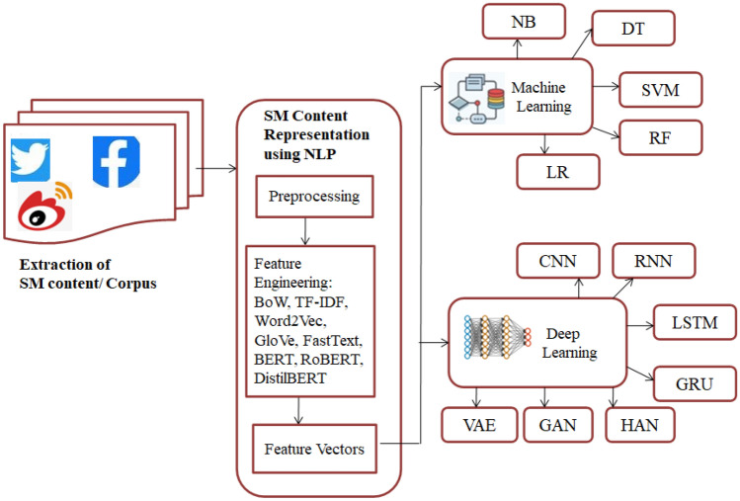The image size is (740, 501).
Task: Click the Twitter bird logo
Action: pyautogui.click(x=31, y=160)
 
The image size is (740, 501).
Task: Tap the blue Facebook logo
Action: pyautogui.click(x=117, y=161)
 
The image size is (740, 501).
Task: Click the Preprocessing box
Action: pyautogui.click(x=314, y=197)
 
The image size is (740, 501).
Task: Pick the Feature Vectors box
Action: pyautogui.click(x=314, y=449)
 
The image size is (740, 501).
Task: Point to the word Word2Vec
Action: pyautogui.click(x=289, y=321)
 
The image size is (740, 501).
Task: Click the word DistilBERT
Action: pyautogui.click(x=289, y=378)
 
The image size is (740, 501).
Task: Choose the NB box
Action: pyautogui.click(x=524, y=22)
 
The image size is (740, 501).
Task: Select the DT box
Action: pyautogui.click(x=633, y=29)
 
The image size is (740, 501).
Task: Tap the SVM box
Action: pyautogui.click(x=660, y=90)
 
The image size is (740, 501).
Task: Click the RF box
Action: pyautogui.click(x=660, y=138)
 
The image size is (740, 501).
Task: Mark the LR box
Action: pyautogui.click(x=558, y=172)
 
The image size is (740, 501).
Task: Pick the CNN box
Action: pyautogui.click(x=558, y=261)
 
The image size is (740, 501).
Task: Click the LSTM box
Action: pyautogui.click(x=695, y=322)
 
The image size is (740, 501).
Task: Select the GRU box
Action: pyautogui.click(x=695, y=383)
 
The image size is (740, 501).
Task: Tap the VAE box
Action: pyautogui.click(x=479, y=425)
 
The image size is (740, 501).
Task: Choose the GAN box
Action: pyautogui.click(x=558, y=425)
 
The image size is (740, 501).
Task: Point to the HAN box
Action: pyautogui.click(x=640, y=425)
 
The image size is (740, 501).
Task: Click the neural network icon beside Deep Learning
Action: pyautogui.click(x=498, y=337)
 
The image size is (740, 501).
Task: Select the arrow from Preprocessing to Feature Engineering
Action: pyautogui.click(x=305, y=231)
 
